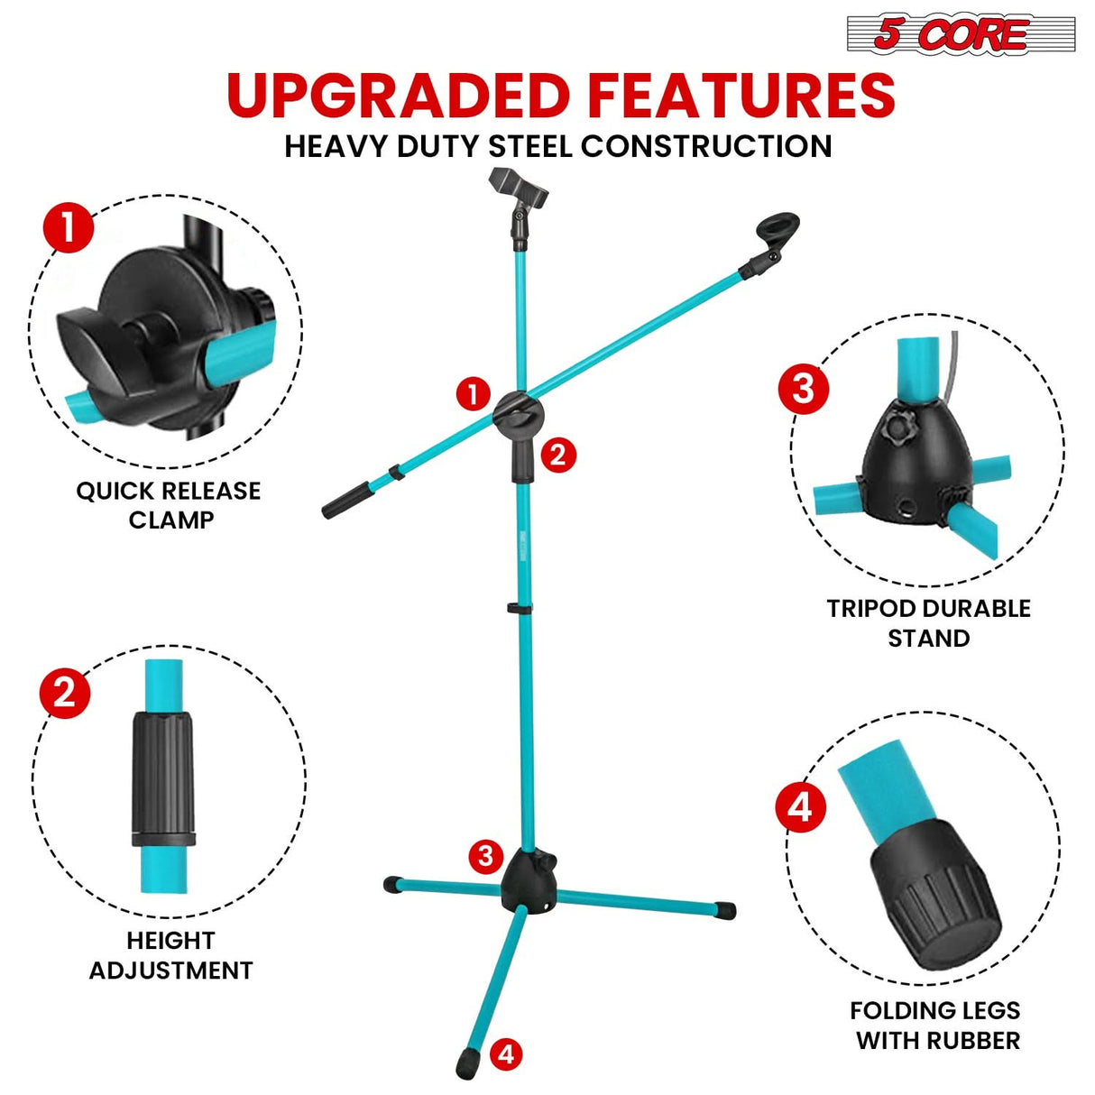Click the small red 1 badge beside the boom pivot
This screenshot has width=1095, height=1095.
pyautogui.click(x=473, y=394)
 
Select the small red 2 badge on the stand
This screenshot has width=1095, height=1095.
pyautogui.click(x=557, y=454)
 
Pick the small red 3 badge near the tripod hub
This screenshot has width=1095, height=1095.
pyautogui.click(x=485, y=855)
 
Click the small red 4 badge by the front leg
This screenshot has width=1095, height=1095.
pyautogui.click(x=506, y=1054)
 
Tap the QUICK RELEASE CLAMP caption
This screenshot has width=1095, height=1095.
pyautogui.click(x=169, y=505)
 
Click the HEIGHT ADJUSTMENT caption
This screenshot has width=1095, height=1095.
pyautogui.click(x=170, y=955)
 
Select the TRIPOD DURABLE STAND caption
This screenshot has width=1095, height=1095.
pyautogui.click(x=928, y=623)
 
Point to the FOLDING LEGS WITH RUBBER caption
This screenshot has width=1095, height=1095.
pyautogui.click(x=936, y=1025)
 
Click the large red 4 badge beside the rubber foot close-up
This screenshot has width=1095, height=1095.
pyautogui.click(x=801, y=807)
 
